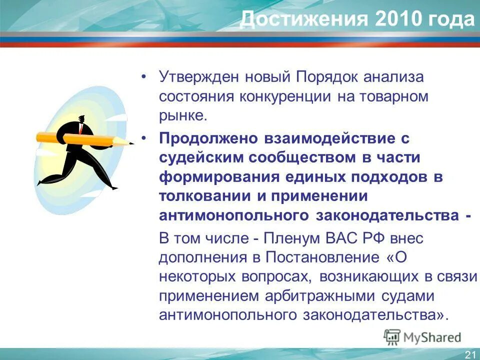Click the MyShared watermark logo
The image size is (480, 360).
(422, 337)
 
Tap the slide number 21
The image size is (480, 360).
(470, 354)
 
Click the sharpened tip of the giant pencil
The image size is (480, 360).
(132, 144)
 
